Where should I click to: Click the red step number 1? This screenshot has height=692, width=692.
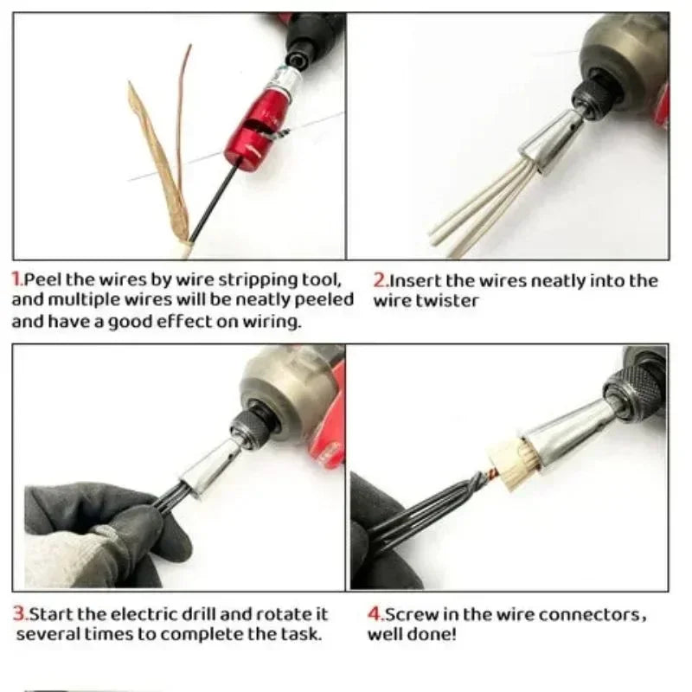pos(16,280)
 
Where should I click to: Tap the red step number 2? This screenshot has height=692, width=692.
pos(379,280)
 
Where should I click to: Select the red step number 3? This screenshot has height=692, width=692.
pos(17,614)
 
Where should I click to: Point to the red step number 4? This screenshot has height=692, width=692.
pos(375,615)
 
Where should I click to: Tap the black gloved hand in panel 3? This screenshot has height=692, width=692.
pos(95,532)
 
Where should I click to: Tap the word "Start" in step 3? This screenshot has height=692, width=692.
pos(49,614)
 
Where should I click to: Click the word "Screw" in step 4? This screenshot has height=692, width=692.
pos(408,615)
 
